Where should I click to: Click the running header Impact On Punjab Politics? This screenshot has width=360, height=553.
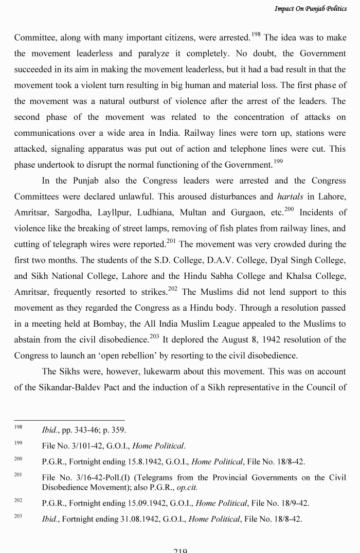tap(310, 9)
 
